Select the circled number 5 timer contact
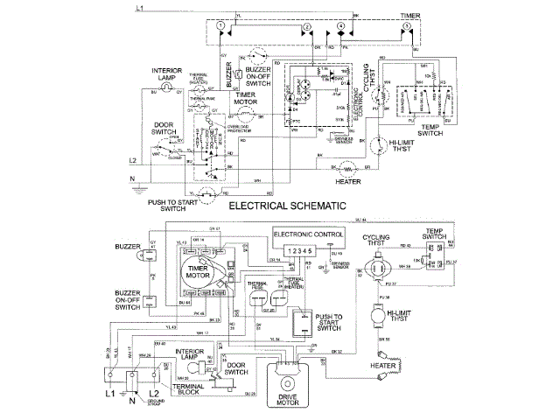(x=407, y=28)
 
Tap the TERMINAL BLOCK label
(x=191, y=391)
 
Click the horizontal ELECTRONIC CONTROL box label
(x=308, y=235)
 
